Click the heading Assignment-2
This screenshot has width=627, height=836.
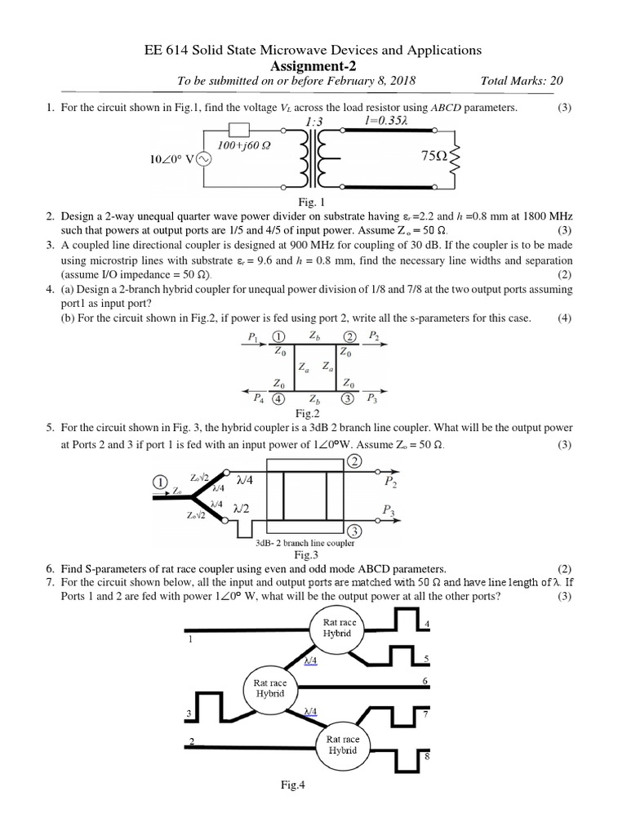(313, 65)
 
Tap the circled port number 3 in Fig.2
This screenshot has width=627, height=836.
(349, 399)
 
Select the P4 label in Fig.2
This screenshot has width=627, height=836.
(259, 398)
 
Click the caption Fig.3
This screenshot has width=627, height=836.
(313, 555)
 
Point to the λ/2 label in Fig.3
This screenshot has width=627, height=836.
(242, 508)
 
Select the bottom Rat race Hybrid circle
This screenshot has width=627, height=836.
(343, 745)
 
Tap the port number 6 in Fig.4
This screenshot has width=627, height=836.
(425, 681)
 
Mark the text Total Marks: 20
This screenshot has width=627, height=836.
(522, 81)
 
